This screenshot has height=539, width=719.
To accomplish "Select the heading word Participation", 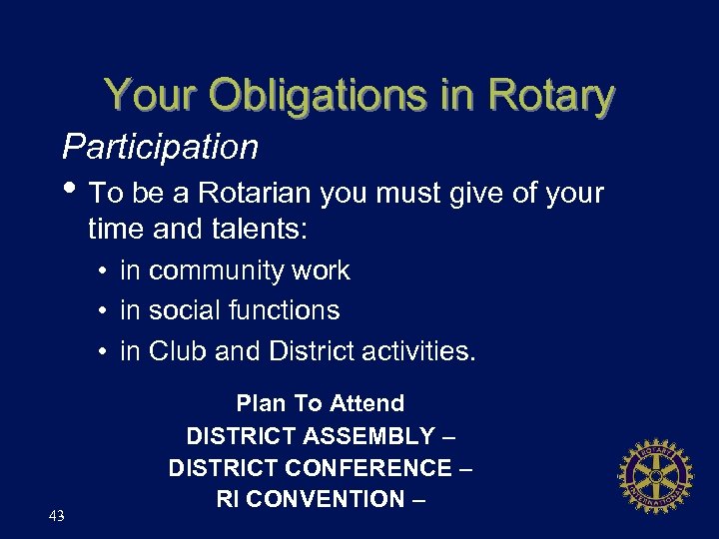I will (161, 148).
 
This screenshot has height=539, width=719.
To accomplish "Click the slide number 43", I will (57, 515).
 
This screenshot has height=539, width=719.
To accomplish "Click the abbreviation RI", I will (227, 500).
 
